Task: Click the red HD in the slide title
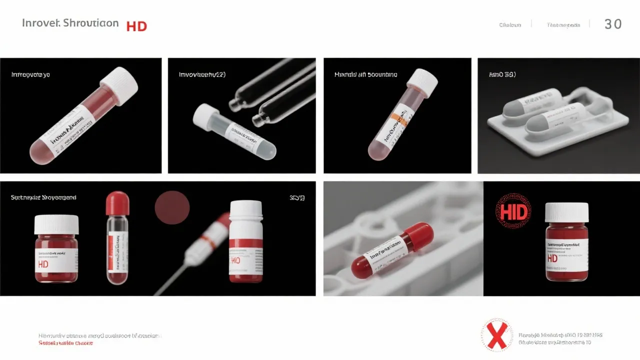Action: click(136, 26)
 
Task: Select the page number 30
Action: click(613, 24)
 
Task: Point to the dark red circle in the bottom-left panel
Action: click(172, 207)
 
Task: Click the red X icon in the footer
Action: click(497, 335)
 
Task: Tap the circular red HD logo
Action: click(513, 212)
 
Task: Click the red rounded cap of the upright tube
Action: click(117, 203)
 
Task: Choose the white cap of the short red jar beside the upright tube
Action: click(56, 224)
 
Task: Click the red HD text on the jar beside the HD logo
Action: click(552, 258)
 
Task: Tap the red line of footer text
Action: click(65, 343)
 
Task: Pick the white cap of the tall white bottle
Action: click(246, 209)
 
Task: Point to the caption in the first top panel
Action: click(30, 74)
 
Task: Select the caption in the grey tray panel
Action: click(502, 74)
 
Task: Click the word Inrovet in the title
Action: click(41, 23)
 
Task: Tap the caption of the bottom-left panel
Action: click(43, 197)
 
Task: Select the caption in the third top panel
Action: click(365, 74)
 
